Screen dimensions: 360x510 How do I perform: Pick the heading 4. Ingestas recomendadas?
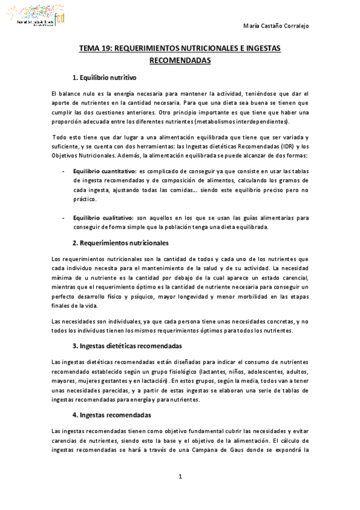pos(111,416)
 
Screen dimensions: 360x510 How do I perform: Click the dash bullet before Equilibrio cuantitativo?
pos(64,171)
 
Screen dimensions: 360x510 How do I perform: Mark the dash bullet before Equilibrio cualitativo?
pos(64,218)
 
